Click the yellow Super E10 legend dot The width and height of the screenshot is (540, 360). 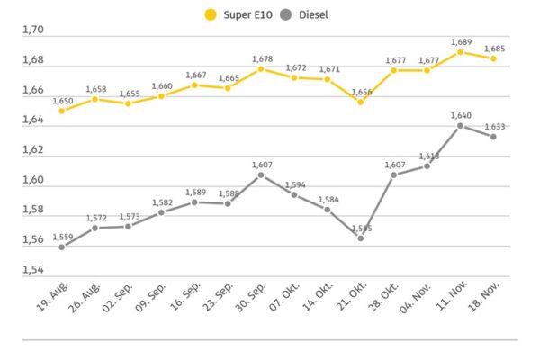(x=211, y=13)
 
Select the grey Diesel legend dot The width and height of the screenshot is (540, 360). (x=286, y=13)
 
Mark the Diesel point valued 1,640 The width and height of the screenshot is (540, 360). (x=460, y=126)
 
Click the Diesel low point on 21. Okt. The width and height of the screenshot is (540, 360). (x=360, y=238)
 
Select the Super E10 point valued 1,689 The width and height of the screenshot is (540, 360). (x=460, y=52)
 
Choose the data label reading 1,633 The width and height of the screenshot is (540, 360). (x=494, y=126)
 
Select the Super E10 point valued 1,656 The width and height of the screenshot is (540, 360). (x=360, y=102)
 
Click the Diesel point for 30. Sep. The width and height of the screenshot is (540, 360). (x=261, y=175)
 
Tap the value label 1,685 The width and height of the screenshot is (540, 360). (x=494, y=49)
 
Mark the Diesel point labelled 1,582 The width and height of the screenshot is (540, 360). (x=161, y=212)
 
